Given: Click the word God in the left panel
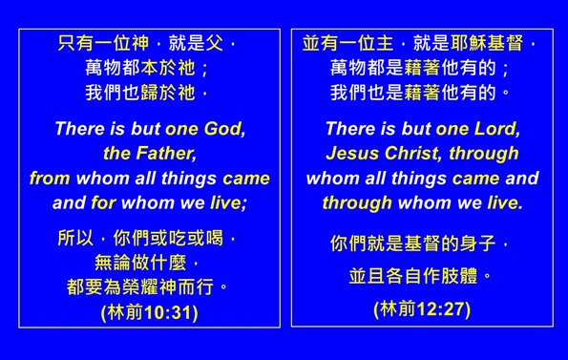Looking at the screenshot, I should click(222, 128).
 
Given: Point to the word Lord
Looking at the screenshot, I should click(497, 128).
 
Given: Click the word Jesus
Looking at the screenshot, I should click(353, 153).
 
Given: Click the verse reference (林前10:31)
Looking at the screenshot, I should click(149, 313).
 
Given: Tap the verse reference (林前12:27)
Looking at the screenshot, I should click(422, 308).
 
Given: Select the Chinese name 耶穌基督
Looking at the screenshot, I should click(484, 44).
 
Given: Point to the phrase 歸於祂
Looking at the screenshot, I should click(170, 94).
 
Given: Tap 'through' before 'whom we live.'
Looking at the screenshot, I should click(357, 202).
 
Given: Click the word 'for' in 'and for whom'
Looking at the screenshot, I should click(104, 202).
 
